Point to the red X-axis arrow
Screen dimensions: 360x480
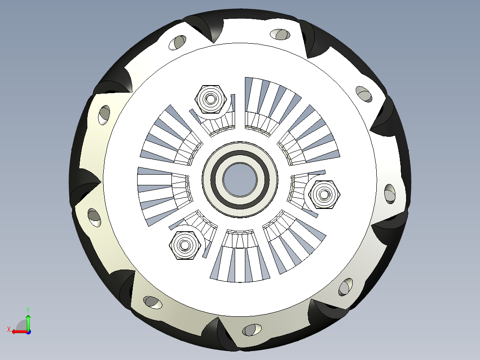click(x=18, y=331)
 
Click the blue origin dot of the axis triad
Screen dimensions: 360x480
click(x=28, y=331)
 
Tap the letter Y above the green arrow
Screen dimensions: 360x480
click(x=28, y=309)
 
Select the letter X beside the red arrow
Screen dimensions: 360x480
click(x=8, y=329)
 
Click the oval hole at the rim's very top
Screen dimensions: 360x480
click(x=281, y=34)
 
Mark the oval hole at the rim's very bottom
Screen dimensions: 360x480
click(x=250, y=330)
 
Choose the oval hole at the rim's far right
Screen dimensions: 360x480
click(x=390, y=194)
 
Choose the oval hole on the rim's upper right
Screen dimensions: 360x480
click(x=364, y=94)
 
